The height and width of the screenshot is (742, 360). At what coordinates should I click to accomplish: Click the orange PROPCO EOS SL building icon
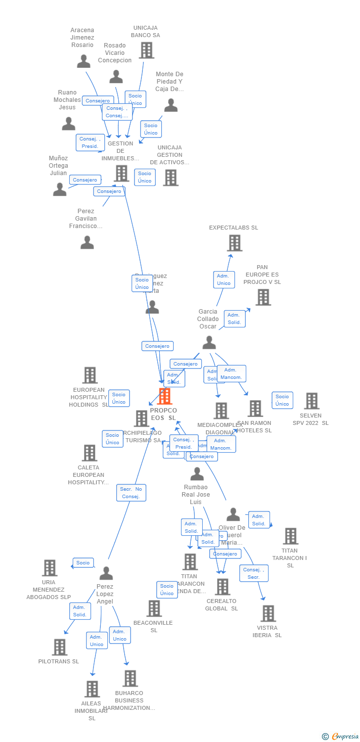(x=164, y=396)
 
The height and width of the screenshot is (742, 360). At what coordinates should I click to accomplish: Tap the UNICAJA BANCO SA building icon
(x=146, y=50)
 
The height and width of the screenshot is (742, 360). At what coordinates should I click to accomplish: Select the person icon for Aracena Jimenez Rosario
(x=84, y=61)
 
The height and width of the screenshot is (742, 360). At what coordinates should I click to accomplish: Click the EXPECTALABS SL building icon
(x=234, y=243)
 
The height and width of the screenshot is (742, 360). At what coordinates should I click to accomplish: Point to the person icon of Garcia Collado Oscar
(x=209, y=342)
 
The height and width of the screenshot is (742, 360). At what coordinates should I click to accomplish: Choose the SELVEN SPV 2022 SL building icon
(x=312, y=401)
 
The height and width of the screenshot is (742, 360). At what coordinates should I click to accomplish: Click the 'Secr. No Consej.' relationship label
(x=131, y=493)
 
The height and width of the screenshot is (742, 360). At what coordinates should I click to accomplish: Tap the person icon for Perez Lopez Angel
(x=106, y=573)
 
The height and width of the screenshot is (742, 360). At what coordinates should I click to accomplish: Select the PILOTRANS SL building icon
(x=59, y=647)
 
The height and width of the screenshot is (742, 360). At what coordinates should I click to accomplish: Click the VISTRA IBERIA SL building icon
(x=268, y=613)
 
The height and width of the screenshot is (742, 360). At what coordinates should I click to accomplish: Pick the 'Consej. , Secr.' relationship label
(x=254, y=573)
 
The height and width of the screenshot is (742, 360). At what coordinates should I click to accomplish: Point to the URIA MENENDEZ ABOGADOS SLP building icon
(x=49, y=568)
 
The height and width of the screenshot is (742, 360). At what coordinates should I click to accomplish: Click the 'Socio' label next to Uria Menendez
(x=83, y=563)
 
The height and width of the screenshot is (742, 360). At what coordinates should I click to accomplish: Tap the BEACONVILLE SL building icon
(x=154, y=608)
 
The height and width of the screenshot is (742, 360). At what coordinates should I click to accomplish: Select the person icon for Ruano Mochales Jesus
(x=68, y=124)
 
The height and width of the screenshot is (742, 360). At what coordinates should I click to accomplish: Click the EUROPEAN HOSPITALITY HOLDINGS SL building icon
(x=90, y=375)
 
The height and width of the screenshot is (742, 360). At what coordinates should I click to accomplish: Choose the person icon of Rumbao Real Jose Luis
(x=197, y=474)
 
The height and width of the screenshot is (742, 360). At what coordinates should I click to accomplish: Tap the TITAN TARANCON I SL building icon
(x=290, y=536)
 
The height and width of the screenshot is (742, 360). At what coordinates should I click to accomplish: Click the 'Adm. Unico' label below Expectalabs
(x=224, y=279)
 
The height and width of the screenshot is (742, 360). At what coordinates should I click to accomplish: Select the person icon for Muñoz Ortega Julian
(x=59, y=189)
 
